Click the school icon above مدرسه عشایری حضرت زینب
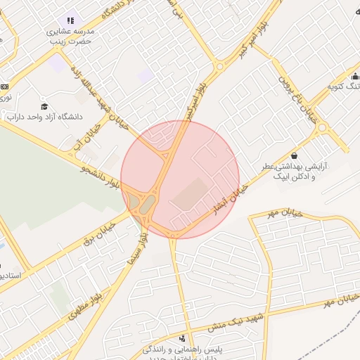click(70, 20)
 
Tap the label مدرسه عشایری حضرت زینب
click(70, 37)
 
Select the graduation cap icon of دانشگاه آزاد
click(45, 106)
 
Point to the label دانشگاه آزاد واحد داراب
click(45, 117)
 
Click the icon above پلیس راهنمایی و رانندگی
click(184, 338)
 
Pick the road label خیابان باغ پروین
click(297, 98)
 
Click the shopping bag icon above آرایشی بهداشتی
click(294, 155)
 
